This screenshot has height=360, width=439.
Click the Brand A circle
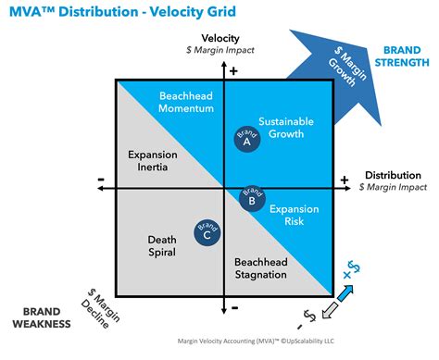[x=247, y=140]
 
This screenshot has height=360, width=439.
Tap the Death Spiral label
[x=162, y=245]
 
